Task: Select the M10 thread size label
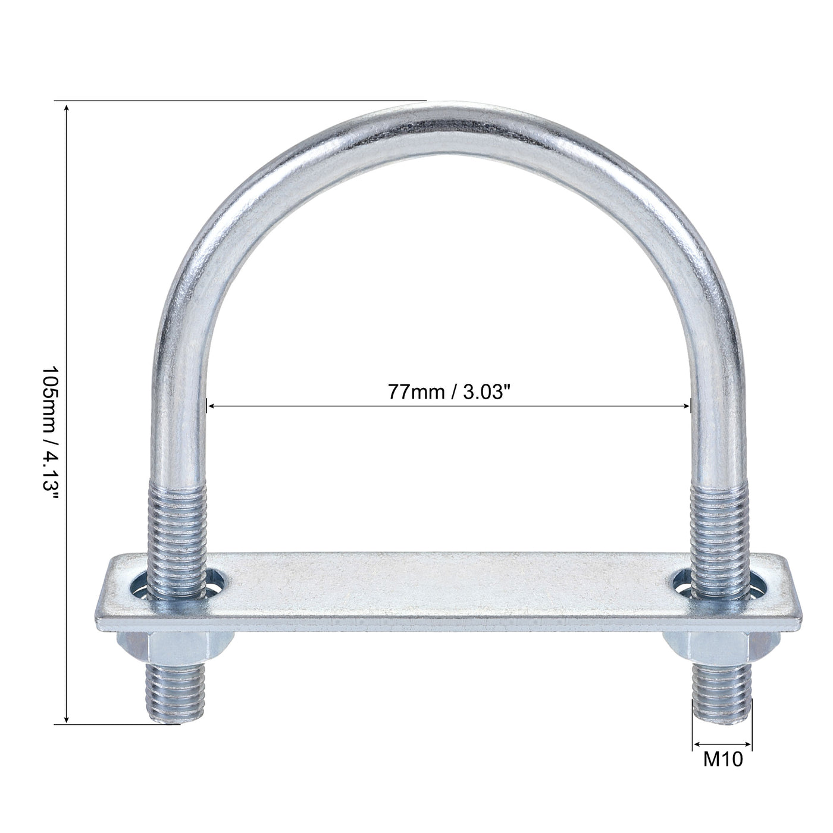point(723,760)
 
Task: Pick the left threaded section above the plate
point(177,518)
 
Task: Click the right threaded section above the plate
point(718,518)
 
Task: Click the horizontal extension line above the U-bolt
point(238,101)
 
